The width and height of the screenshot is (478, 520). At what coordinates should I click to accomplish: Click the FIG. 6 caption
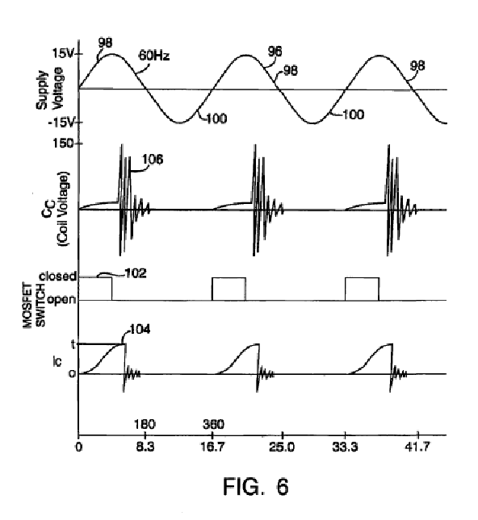coord(255,486)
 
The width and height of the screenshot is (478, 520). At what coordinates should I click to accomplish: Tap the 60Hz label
coord(153,56)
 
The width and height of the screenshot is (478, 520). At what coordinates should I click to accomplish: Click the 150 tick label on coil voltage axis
coord(64,144)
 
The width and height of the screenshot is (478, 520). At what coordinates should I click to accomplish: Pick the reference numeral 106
coord(153,160)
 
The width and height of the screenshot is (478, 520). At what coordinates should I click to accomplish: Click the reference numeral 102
coord(136,273)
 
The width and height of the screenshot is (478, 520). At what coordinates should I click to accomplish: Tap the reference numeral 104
coord(140,329)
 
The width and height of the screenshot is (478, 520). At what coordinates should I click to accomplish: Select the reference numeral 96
coord(275,52)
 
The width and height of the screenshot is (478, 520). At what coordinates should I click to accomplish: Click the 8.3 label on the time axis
coord(145,447)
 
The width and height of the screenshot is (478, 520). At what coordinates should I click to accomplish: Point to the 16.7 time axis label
coord(212,447)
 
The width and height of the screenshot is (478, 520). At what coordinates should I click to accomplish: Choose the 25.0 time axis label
coord(282,447)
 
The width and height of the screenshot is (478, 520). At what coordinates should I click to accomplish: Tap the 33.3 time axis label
coord(345,447)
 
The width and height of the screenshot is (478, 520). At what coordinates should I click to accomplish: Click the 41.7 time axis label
coord(417,447)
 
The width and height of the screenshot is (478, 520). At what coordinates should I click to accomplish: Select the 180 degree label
coord(145,425)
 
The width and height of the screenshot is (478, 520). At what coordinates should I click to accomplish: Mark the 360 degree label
coord(214,425)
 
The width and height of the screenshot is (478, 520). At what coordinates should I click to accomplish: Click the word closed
coord(58,277)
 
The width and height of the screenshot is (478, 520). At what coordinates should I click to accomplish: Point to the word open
coord(61,300)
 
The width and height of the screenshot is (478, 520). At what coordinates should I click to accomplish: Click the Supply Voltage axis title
coord(49,88)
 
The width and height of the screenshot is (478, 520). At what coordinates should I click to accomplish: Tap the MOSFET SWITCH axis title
coord(34,305)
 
